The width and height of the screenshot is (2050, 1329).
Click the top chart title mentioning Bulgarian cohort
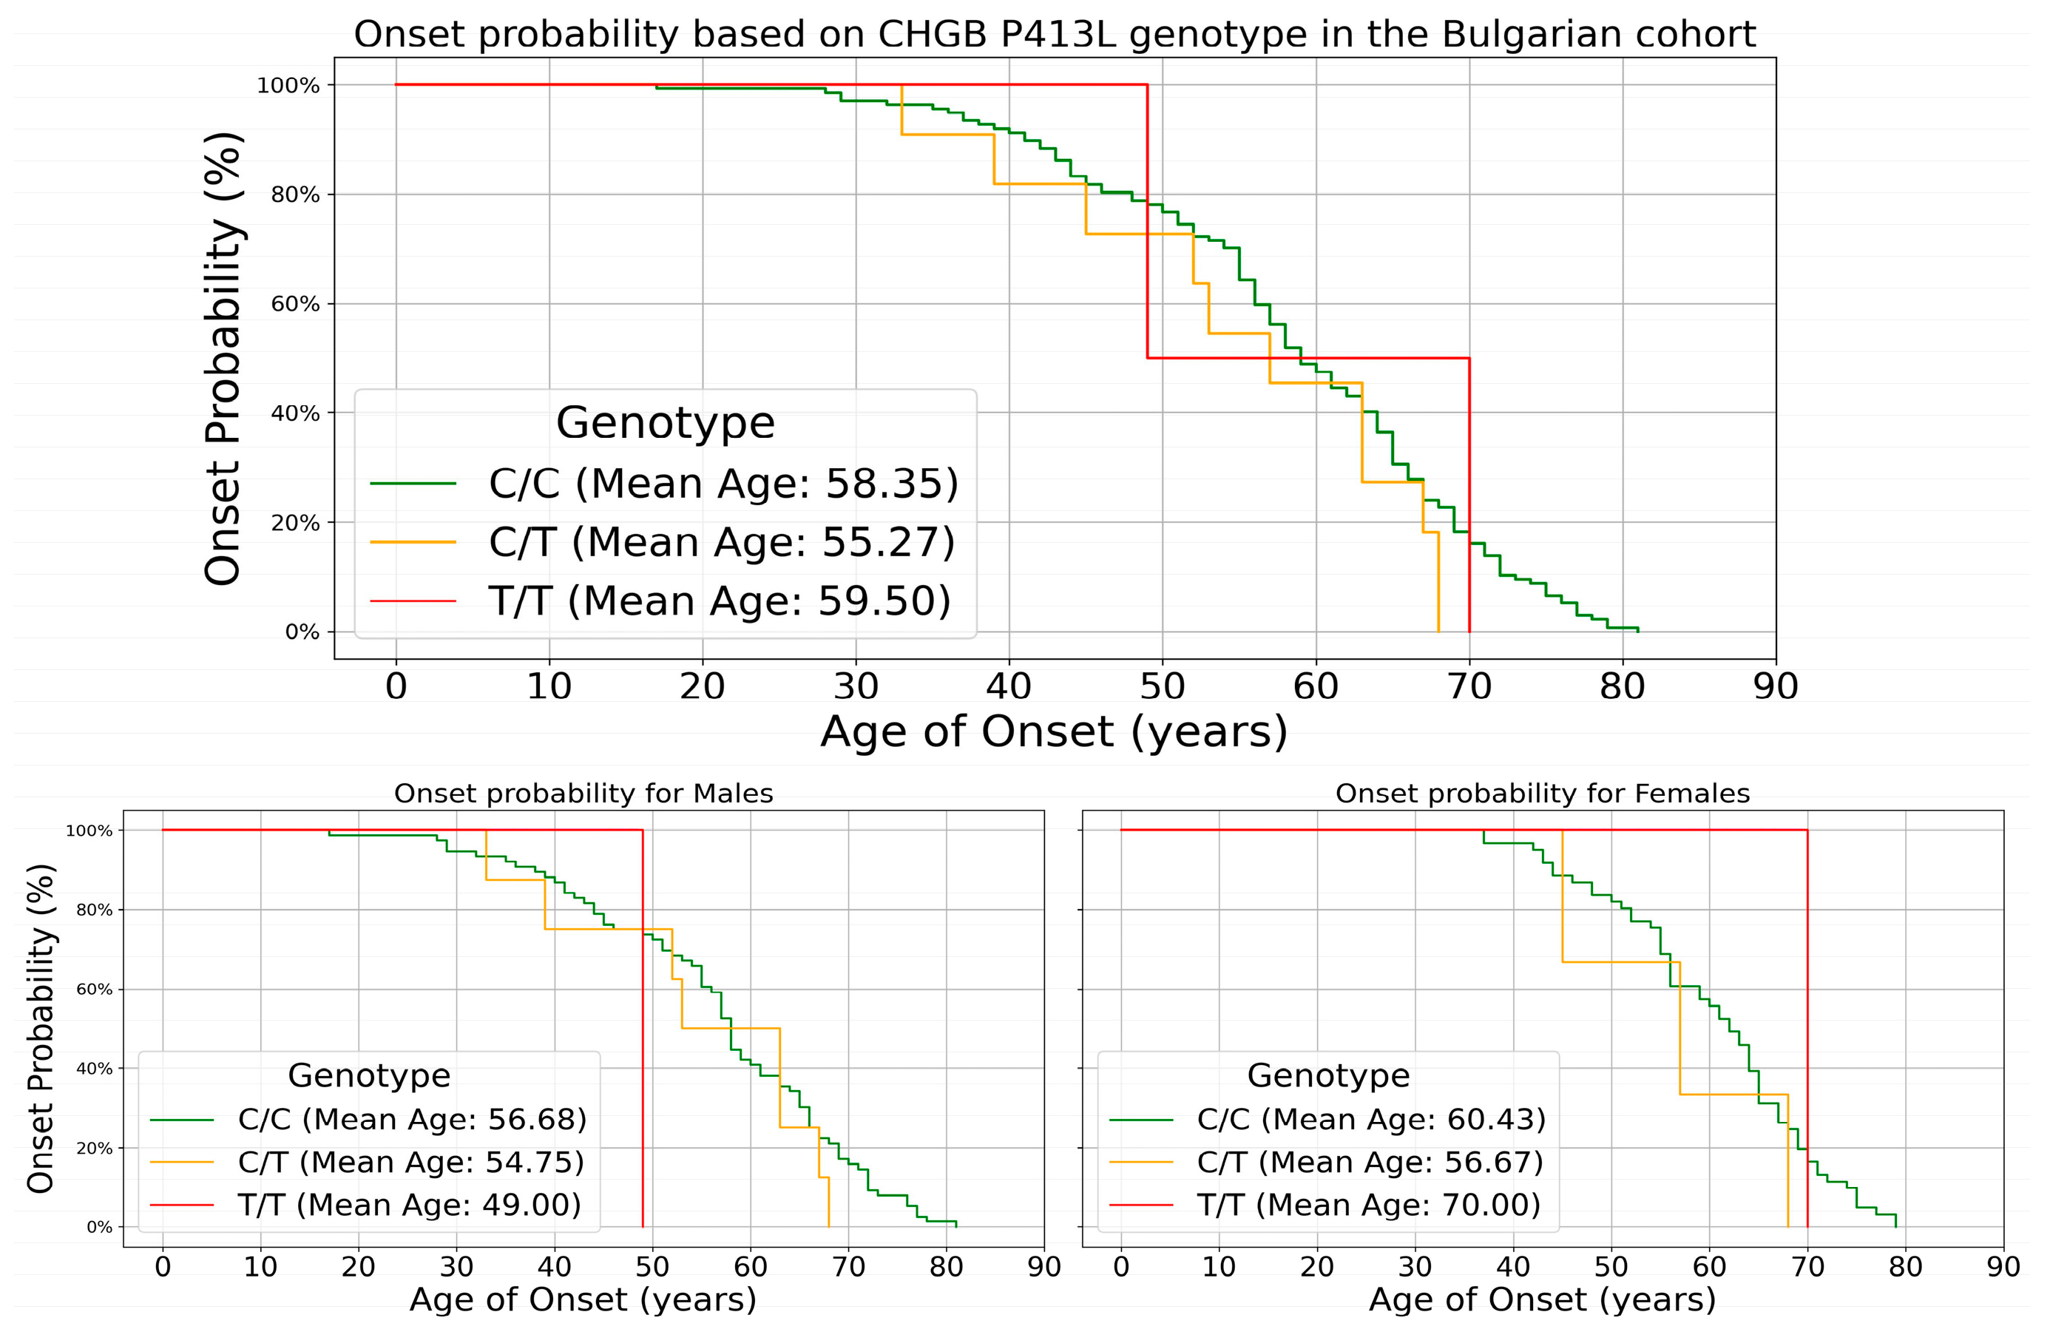pyautogui.click(x=1055, y=35)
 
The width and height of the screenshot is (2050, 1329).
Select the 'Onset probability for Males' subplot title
pyautogui.click(x=583, y=794)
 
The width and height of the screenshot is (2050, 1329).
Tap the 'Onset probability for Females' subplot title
pyautogui.click(x=1542, y=794)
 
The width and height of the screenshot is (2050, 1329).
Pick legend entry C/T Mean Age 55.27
pyautogui.click(x=721, y=542)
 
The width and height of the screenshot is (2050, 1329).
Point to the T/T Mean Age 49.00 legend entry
pyautogui.click(x=409, y=1204)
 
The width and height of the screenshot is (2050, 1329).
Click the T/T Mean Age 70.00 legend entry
pyautogui.click(x=1368, y=1204)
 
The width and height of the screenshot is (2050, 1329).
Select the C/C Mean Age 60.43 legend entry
pyautogui.click(x=1371, y=1119)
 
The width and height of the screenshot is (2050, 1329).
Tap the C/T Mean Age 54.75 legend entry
pyautogui.click(x=411, y=1162)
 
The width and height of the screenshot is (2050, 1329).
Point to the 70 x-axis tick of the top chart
pyautogui.click(x=1469, y=686)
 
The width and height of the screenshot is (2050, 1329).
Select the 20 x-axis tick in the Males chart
pyautogui.click(x=359, y=1267)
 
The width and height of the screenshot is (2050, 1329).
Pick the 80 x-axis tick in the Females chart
pyautogui.click(x=1905, y=1267)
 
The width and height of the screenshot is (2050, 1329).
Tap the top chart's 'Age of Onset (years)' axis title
pyautogui.click(x=1055, y=732)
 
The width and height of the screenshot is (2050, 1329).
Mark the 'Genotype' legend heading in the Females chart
pyautogui.click(x=1328, y=1076)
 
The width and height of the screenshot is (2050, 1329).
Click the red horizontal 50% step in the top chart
pyautogui.click(x=1309, y=357)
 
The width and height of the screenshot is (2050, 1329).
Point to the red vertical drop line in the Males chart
pyautogui.click(x=643, y=1034)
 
